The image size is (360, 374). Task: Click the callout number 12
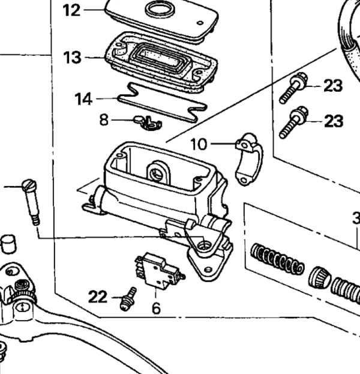coord(71,10)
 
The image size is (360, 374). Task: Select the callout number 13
coord(72,58)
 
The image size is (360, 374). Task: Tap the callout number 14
coord(83,98)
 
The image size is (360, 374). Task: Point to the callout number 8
coord(104,119)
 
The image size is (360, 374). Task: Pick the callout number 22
coord(98,296)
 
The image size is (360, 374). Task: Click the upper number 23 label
coord(333,86)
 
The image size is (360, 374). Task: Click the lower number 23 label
coord(333,121)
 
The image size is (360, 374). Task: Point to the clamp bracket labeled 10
coord(249,160)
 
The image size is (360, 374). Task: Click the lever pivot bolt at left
coord(32,201)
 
